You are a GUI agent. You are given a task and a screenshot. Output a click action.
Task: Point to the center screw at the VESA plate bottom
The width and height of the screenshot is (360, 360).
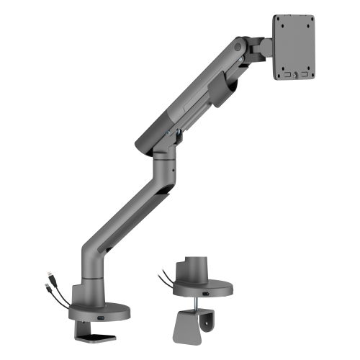tap(294, 72)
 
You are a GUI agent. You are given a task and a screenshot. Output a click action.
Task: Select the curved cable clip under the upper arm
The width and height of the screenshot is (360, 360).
tap(224, 90)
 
